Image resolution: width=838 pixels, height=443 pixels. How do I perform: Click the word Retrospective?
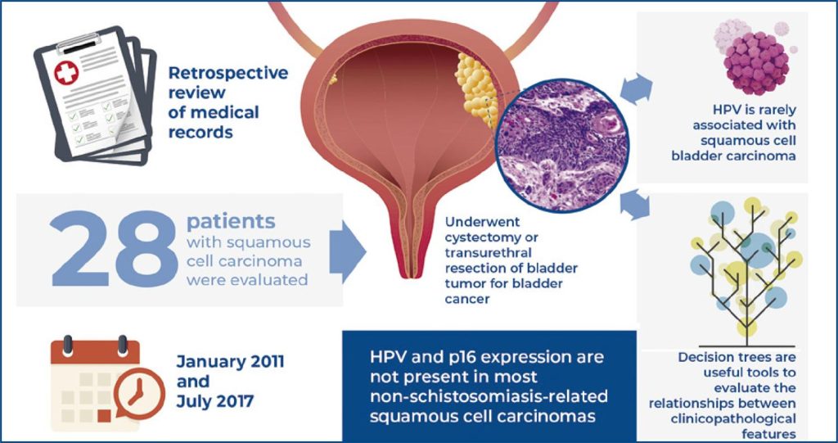(228, 73)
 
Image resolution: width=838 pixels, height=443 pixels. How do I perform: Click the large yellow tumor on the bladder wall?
(472, 90)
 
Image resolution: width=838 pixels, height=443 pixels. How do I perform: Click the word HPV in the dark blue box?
(386, 358)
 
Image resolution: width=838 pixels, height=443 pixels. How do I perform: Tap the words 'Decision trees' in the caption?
(721, 358)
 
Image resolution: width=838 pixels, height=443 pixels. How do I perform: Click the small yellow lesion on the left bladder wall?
(333, 79)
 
